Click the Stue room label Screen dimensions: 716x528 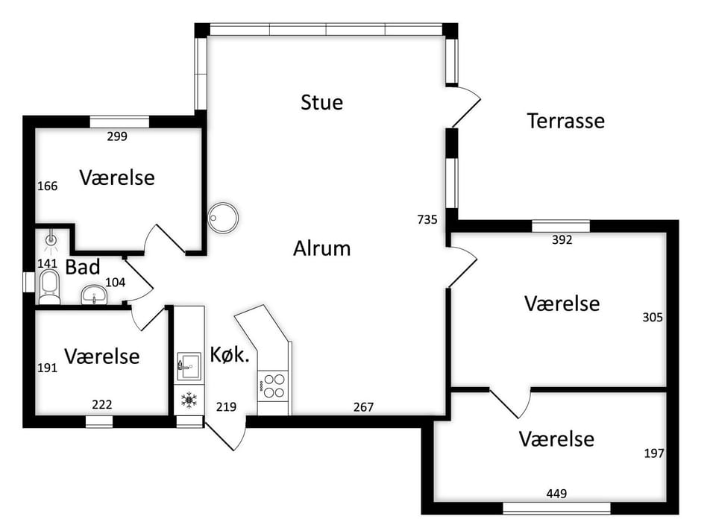pyautogui.click(x=321, y=102)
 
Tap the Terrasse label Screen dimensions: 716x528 pyautogui.click(x=566, y=121)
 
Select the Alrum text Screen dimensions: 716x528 pyautogui.click(x=322, y=248)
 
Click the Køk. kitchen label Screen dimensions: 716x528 pyautogui.click(x=230, y=355)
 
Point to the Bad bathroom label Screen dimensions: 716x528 pyautogui.click(x=83, y=267)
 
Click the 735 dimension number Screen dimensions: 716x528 pyautogui.click(x=427, y=220)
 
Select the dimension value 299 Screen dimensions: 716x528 pyautogui.click(x=117, y=136)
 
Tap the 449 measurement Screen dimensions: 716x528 pyautogui.click(x=556, y=493)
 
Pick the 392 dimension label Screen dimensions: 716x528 pyautogui.click(x=562, y=240)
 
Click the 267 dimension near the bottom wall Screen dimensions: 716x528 pyautogui.click(x=363, y=407)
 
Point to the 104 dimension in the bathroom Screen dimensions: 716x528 pyautogui.click(x=115, y=282)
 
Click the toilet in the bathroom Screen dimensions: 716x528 pyautogui.click(x=49, y=287)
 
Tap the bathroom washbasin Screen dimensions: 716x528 pyautogui.click(x=94, y=295)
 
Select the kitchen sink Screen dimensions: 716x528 pyautogui.click(x=189, y=366)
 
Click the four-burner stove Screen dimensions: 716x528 pyautogui.click(x=274, y=386)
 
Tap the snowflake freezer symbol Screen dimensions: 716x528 pyautogui.click(x=189, y=400)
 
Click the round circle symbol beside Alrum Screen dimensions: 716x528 pyautogui.click(x=223, y=218)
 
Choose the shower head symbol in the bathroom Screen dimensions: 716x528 pyautogui.click(x=51, y=241)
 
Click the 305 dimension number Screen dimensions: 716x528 pyautogui.click(x=653, y=318)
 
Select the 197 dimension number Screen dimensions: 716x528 pyautogui.click(x=654, y=453)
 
